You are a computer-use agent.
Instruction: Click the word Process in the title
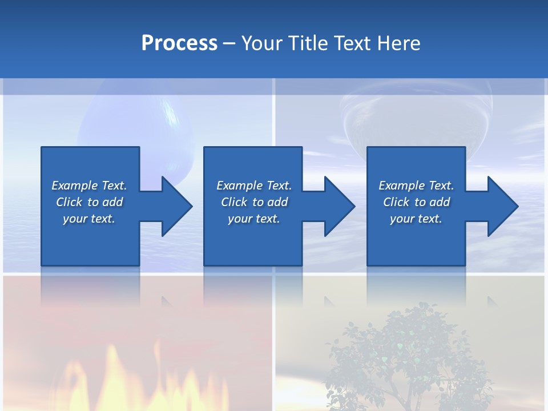[179, 43]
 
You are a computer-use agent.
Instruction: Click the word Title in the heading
[308, 43]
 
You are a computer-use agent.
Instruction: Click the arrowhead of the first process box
[174, 206]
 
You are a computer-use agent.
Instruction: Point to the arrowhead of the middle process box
[337, 206]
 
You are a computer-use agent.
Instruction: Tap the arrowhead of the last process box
[500, 206]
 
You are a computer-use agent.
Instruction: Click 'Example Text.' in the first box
[89, 186]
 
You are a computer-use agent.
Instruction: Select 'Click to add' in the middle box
[254, 202]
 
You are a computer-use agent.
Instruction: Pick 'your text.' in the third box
[416, 219]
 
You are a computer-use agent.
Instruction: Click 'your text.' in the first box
[89, 219]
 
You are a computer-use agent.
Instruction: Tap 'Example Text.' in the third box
[416, 186]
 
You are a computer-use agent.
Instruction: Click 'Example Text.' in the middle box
[254, 186]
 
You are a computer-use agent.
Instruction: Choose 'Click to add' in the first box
[89, 202]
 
